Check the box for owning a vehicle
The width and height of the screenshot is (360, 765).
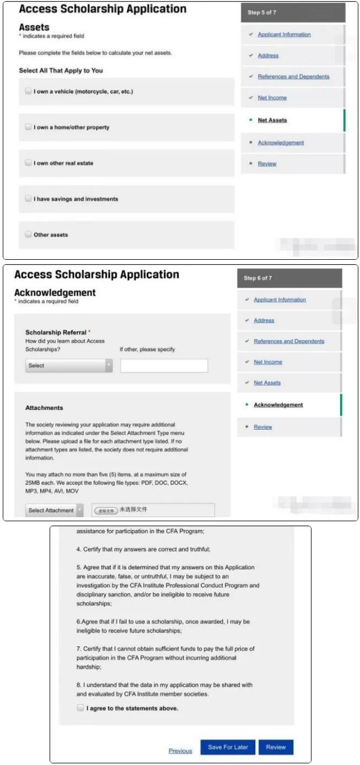click(28, 92)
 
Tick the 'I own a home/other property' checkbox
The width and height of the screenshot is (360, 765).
click(28, 127)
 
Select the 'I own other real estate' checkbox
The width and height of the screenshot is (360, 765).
click(28, 163)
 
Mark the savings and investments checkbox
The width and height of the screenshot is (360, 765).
click(28, 199)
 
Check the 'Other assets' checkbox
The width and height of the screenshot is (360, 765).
click(28, 234)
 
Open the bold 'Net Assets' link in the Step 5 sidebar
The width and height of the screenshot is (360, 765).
click(272, 120)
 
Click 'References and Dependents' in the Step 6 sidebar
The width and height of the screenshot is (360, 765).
click(289, 341)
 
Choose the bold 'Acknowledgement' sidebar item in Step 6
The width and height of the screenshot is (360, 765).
click(278, 405)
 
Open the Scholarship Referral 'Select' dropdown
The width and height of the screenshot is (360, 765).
click(69, 366)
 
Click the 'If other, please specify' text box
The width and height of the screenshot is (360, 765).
click(164, 366)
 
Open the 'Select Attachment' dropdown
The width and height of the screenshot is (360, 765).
click(55, 510)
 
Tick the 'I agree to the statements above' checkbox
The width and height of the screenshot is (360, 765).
click(81, 708)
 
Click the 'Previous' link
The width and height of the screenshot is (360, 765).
click(180, 751)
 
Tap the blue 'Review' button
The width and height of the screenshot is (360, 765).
click(276, 747)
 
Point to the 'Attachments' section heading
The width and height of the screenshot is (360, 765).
click(44, 408)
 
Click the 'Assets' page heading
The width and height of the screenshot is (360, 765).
click(34, 27)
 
